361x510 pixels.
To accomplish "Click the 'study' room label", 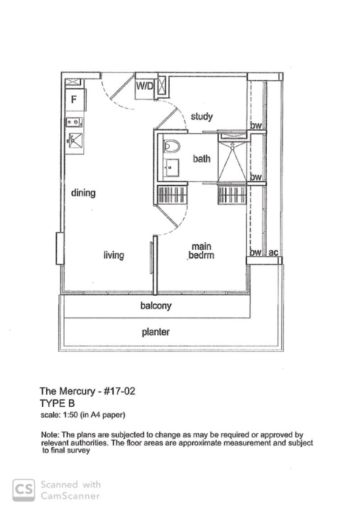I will (201, 116).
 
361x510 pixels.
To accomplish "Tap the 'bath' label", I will (202, 158).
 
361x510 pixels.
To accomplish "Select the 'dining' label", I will (83, 193).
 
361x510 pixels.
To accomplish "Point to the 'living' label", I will (114, 255).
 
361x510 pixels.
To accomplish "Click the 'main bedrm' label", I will (201, 251).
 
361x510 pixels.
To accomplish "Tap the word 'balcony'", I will (156, 306).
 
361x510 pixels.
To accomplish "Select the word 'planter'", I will (156, 332).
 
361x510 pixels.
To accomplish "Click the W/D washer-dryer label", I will (145, 87).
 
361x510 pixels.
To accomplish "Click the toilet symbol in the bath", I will (171, 146).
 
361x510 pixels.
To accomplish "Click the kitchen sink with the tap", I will (74, 141).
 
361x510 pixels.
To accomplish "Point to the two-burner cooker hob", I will (74, 121).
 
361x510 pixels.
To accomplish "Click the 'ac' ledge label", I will (273, 253).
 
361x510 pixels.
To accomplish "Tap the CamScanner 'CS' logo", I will (23, 490).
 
